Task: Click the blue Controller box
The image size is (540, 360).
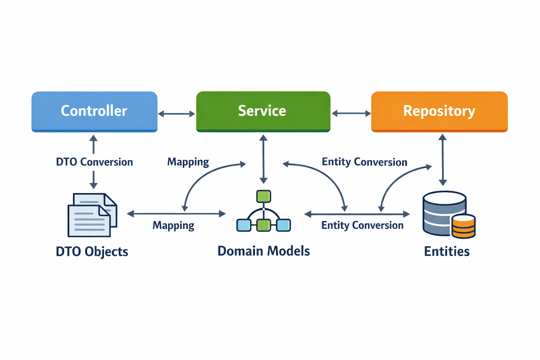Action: pyautogui.click(x=94, y=111)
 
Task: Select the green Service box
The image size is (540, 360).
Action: pyautogui.click(x=263, y=111)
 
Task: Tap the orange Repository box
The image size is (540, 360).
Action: pyautogui.click(x=439, y=111)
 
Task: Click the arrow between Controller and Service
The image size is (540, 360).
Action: pyautogui.click(x=176, y=114)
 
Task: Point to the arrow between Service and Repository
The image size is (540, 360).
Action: pyautogui.click(x=351, y=113)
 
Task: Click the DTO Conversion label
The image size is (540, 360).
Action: pyautogui.click(x=94, y=162)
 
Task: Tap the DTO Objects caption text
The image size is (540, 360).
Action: pyautogui.click(x=92, y=252)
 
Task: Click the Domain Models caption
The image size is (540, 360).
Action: pyautogui.click(x=264, y=251)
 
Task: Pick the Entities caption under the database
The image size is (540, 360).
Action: pyautogui.click(x=446, y=251)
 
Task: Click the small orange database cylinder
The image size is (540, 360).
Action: pyautogui.click(x=463, y=226)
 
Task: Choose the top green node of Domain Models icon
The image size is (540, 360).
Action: pyautogui.click(x=263, y=196)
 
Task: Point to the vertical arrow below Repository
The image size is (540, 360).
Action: pyautogui.click(x=443, y=160)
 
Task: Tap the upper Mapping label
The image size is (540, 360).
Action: pyautogui.click(x=188, y=162)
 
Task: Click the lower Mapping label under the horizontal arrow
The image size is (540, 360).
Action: pyautogui.click(x=173, y=225)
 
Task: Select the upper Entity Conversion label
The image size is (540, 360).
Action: pyautogui.click(x=364, y=162)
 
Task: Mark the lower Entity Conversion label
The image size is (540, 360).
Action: pyautogui.click(x=362, y=225)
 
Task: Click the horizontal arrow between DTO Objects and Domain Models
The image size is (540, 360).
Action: pyautogui.click(x=176, y=213)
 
